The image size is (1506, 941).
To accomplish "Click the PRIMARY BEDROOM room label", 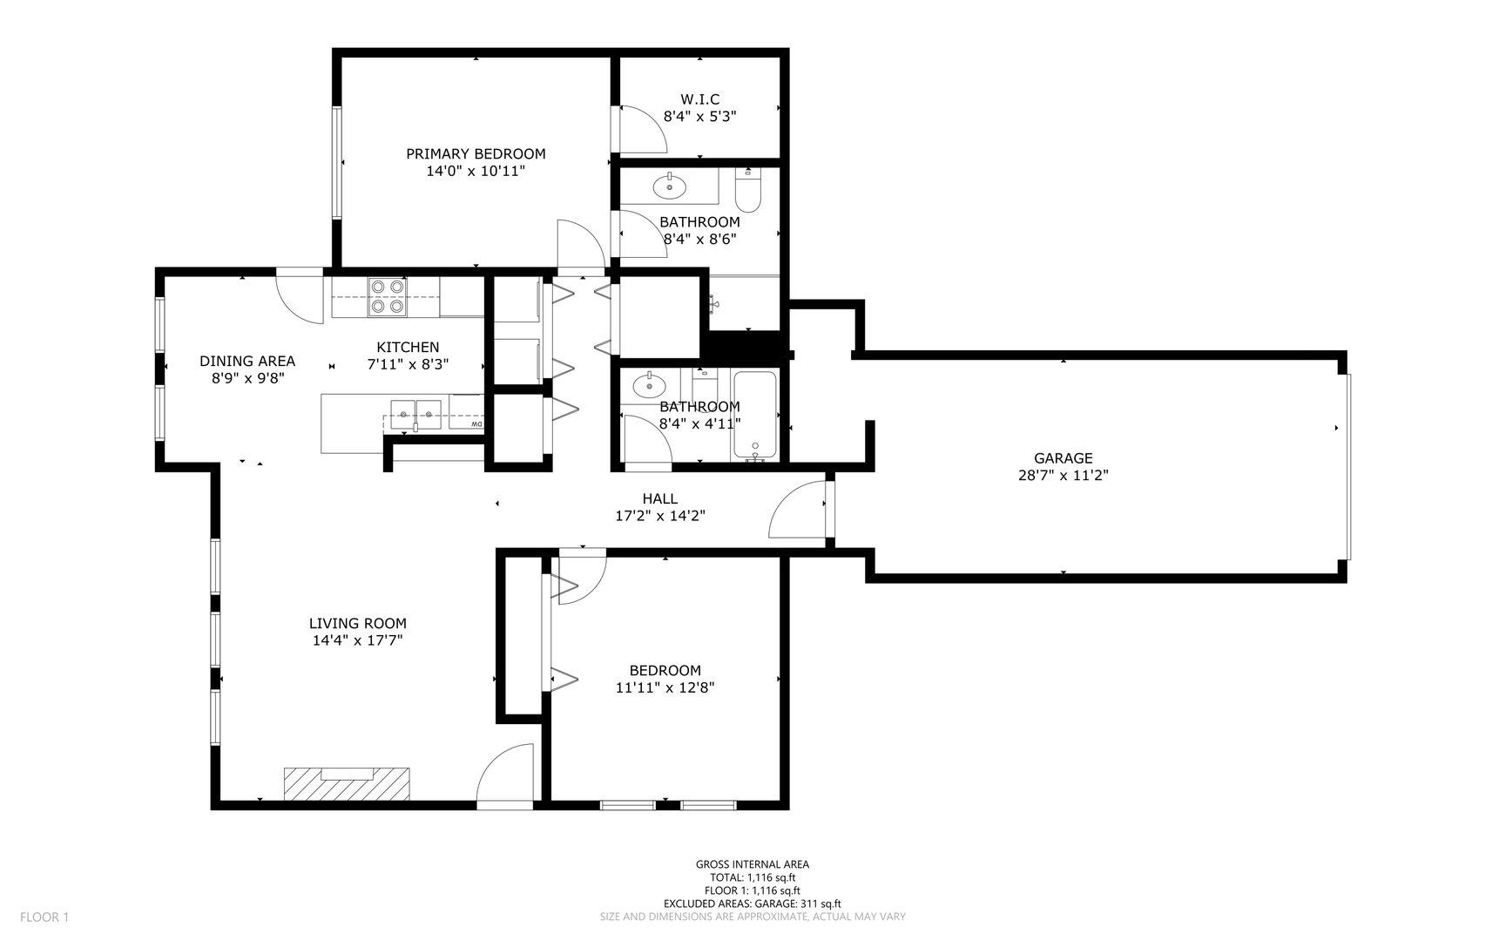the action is pos(476,154).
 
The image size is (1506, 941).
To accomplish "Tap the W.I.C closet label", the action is pos(700,99).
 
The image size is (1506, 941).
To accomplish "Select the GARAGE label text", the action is pos(1063,458).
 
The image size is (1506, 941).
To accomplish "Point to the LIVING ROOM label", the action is pos(358,624).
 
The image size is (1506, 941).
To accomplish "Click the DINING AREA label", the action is pos(247,362).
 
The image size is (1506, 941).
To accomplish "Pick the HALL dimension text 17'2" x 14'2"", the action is pos(660,516).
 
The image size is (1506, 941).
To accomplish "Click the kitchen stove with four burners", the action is pos(387,295).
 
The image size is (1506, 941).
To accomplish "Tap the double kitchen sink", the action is pos(416,414).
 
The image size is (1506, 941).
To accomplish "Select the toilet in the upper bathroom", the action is pos(748,187).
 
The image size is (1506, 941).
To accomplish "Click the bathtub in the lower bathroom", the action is pos(754,415).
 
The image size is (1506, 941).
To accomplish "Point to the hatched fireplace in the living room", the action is pos(347,783).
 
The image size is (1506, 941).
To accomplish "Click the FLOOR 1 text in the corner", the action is pos(44,917).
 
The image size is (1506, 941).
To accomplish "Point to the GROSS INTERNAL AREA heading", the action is pos(753,864).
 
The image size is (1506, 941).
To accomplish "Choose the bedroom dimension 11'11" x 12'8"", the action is pos(665,687).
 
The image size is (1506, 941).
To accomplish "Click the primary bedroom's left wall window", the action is pos(336,162).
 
